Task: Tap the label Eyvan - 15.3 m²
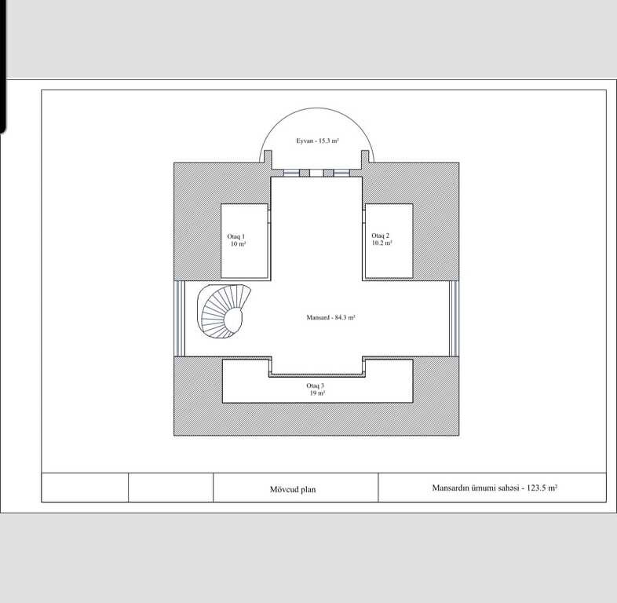[317, 141]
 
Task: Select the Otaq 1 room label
[236, 236]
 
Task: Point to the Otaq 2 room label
[381, 236]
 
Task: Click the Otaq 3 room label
[316, 386]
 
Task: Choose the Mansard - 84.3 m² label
[331, 317]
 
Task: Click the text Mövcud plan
[293, 489]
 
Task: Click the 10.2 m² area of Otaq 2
[382, 243]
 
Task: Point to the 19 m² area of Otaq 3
[318, 393]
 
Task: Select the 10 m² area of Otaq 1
[238, 243]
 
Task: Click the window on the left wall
[180, 319]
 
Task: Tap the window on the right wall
[454, 319]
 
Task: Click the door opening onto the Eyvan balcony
[316, 173]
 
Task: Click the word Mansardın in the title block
[450, 488]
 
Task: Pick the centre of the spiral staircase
[234, 319]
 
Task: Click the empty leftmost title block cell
[85, 488]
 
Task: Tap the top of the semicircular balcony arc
[317, 108]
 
